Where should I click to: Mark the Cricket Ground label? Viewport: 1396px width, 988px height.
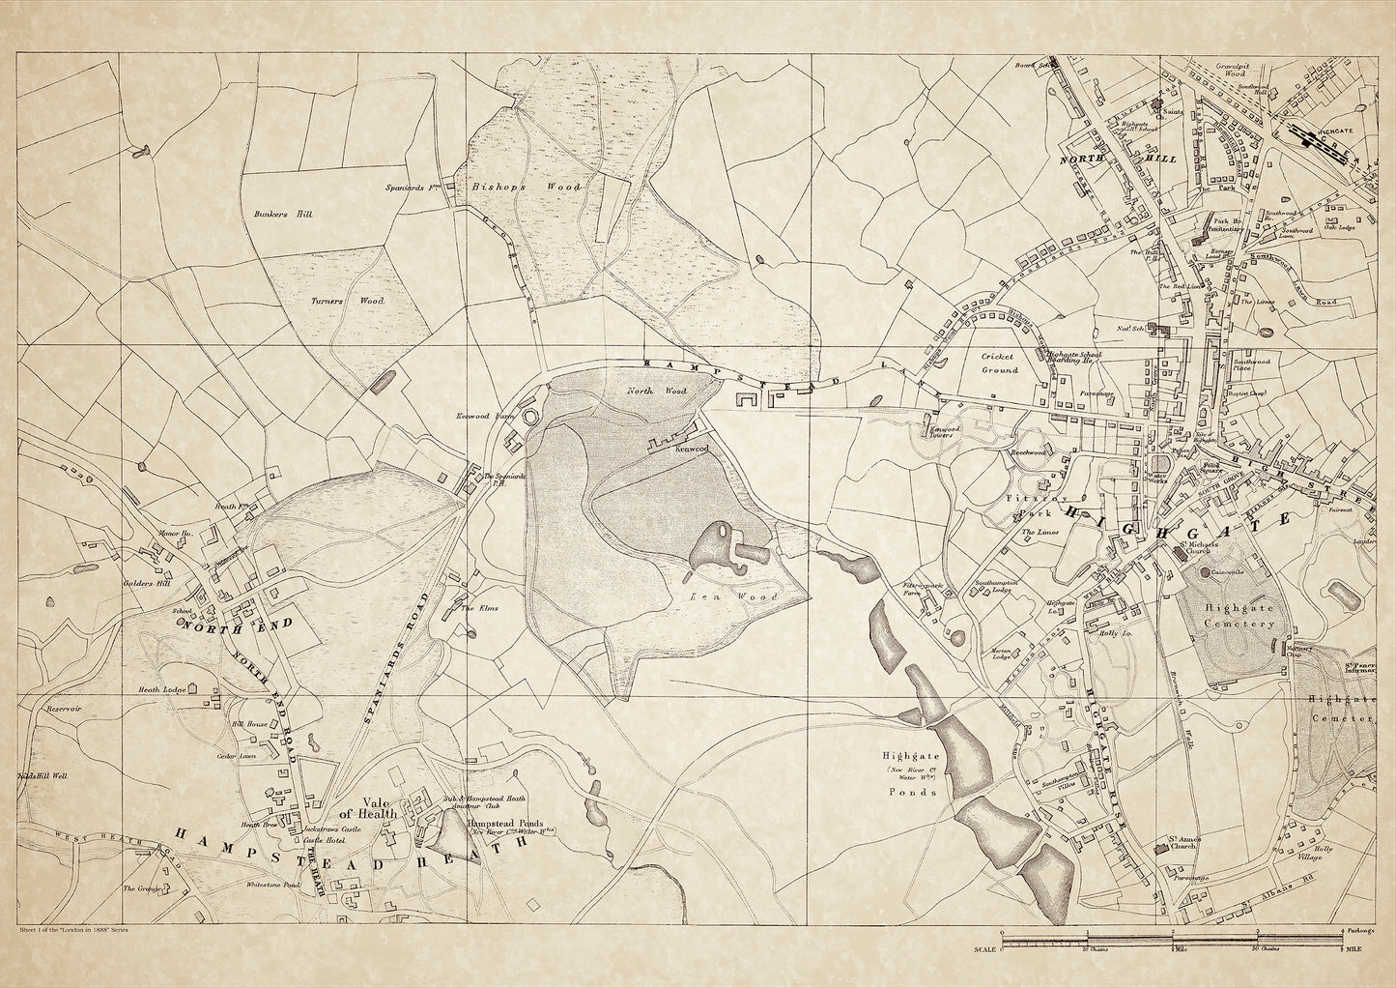[999, 363]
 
